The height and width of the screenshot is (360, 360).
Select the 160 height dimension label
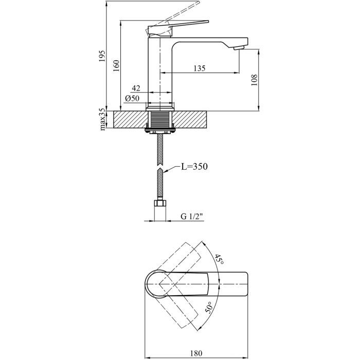point(116,66)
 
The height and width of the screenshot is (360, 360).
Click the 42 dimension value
point(136,88)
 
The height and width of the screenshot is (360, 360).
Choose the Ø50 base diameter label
point(132,99)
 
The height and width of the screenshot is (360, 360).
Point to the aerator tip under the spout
point(237,47)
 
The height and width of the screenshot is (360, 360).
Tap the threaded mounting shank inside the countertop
point(161,120)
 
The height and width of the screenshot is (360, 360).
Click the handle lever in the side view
point(180,25)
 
